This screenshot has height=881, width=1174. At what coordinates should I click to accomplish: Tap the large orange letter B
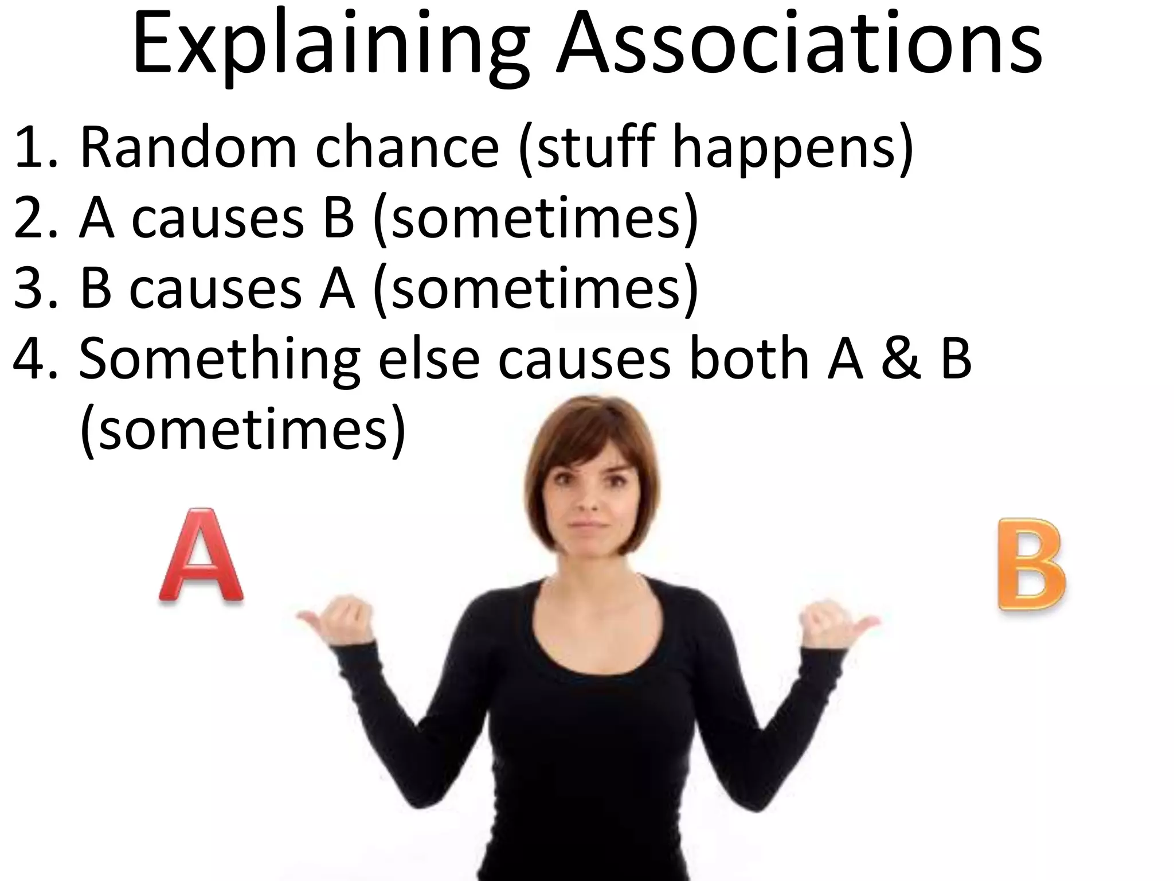click(1032, 564)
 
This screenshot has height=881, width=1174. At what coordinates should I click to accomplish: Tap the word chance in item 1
click(408, 148)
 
